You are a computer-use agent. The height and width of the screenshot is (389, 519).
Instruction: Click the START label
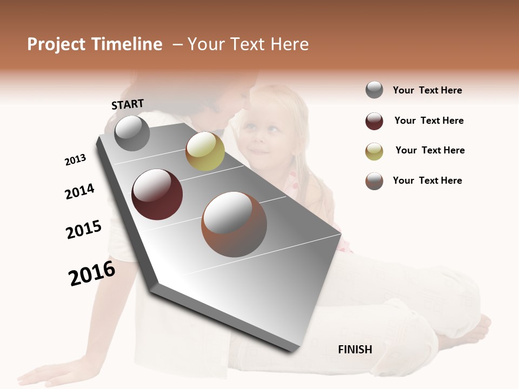[128, 104]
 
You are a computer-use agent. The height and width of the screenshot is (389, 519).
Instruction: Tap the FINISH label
[355, 350]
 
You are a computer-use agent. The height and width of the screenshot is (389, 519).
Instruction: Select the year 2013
[75, 160]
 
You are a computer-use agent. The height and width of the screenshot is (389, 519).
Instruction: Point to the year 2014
[79, 191]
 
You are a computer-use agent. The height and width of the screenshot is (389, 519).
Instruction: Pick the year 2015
[84, 230]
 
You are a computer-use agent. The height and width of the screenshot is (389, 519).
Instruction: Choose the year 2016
[92, 273]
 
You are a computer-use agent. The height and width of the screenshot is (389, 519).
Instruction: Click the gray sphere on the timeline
[132, 133]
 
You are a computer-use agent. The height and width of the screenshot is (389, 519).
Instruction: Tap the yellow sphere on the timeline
[205, 151]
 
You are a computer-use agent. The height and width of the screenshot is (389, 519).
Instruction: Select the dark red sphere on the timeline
[157, 194]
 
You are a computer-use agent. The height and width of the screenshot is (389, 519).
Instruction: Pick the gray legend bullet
[374, 90]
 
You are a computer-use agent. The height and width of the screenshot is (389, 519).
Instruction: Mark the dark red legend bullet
[374, 121]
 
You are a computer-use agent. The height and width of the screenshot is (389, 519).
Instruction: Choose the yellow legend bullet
[374, 151]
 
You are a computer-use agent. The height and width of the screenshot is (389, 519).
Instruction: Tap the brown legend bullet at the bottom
[374, 181]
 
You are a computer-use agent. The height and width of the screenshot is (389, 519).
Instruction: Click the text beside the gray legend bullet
[427, 90]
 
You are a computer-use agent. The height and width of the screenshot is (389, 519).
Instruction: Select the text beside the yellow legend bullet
[430, 150]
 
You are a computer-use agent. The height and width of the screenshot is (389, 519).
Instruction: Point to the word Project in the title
[56, 44]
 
